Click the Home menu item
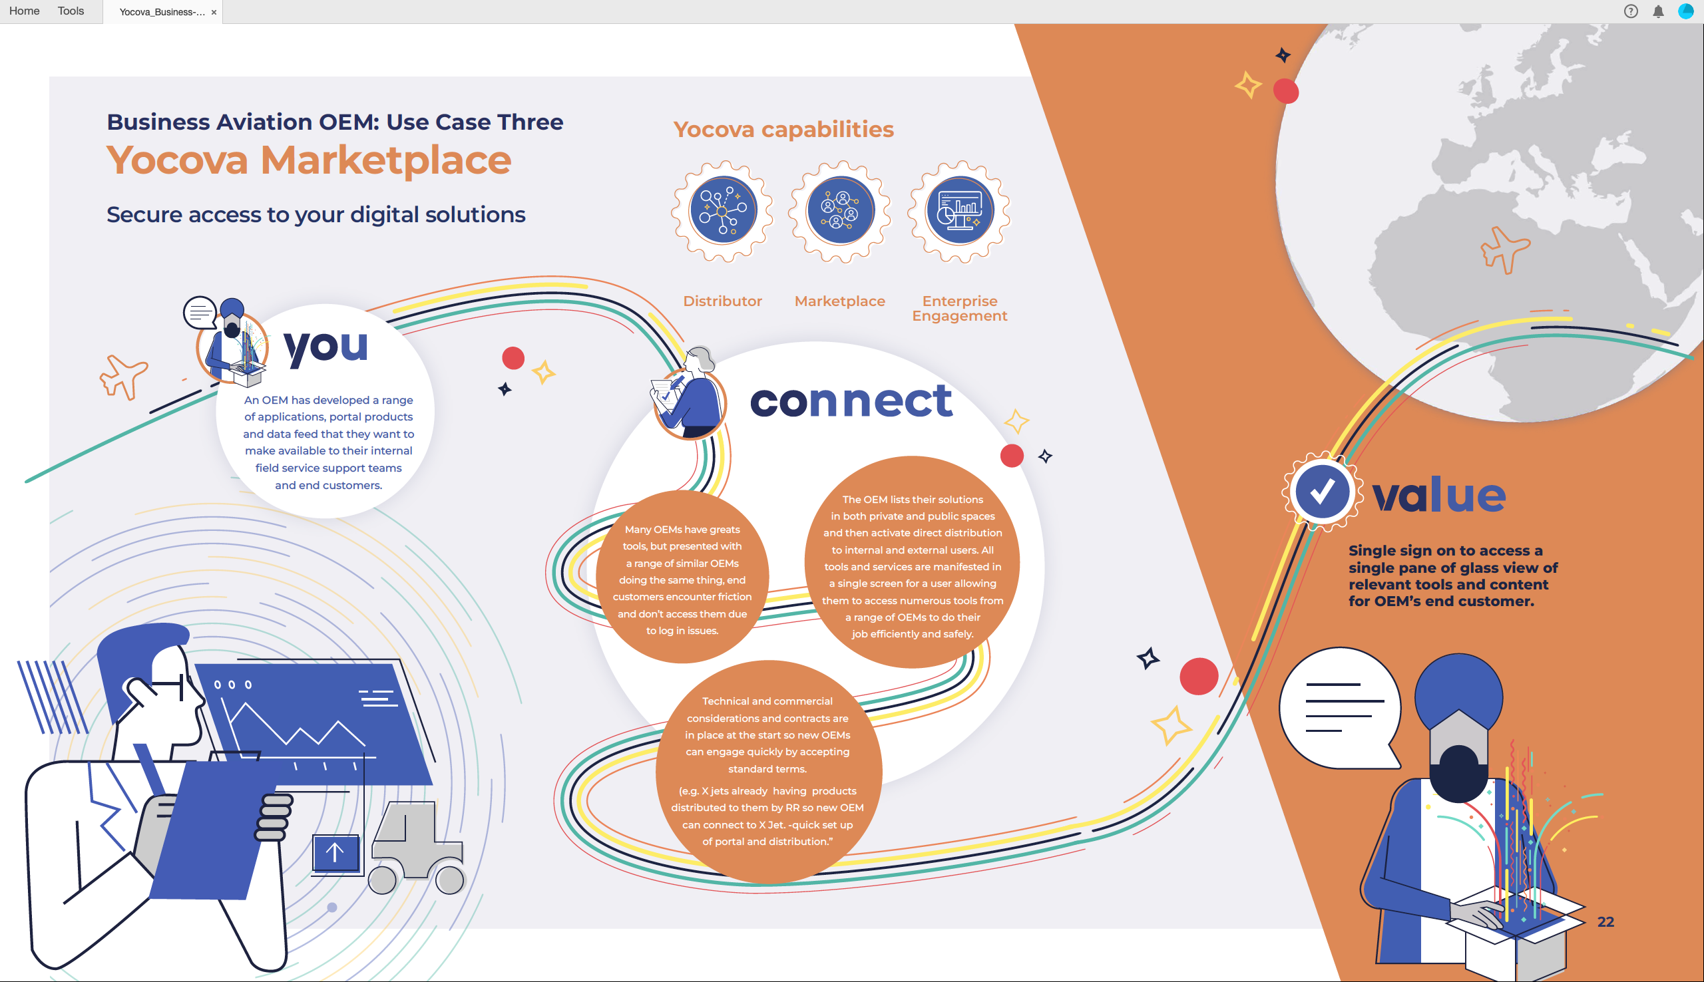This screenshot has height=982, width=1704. click(24, 11)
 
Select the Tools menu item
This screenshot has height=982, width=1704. click(71, 11)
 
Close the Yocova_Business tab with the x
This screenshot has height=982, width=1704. click(214, 12)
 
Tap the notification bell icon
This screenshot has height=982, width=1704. click(1658, 11)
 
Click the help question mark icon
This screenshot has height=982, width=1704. click(1631, 11)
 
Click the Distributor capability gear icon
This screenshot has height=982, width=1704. click(722, 211)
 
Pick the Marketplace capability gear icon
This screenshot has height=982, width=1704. click(840, 211)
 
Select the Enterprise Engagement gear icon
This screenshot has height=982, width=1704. click(959, 211)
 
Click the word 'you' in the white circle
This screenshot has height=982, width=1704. click(326, 348)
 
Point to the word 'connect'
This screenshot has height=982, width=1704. click(851, 401)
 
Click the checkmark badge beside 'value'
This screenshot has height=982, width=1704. click(1321, 492)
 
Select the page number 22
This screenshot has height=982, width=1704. click(1605, 921)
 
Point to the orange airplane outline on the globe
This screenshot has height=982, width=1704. click(1504, 249)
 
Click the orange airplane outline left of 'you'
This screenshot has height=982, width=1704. click(123, 377)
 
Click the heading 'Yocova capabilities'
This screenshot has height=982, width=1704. click(783, 129)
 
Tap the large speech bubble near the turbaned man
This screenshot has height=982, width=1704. click(1339, 708)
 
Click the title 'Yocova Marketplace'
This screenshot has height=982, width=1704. click(309, 160)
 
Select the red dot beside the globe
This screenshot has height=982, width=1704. click(1286, 91)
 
